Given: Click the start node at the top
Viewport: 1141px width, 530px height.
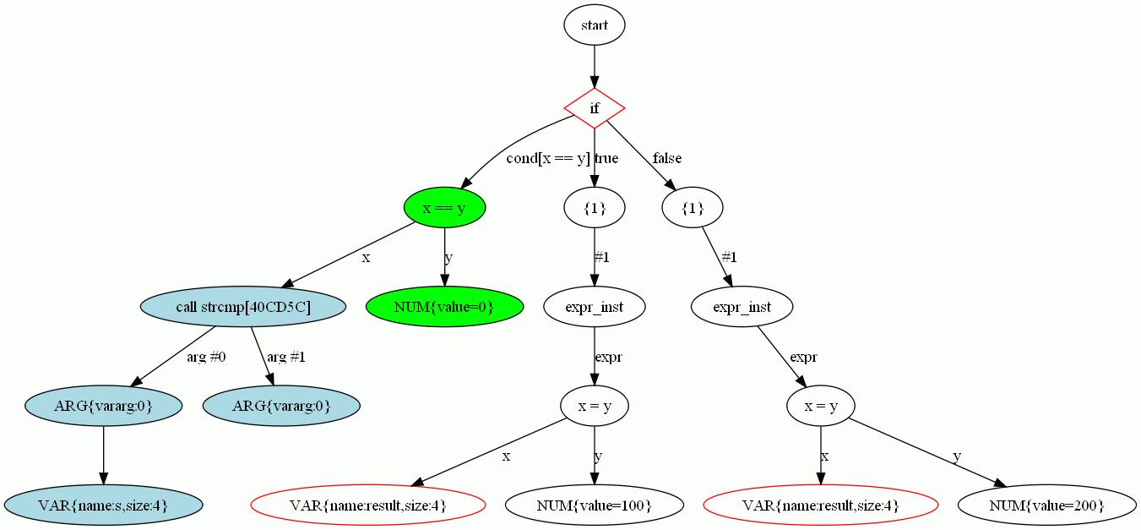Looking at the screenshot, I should click(594, 25).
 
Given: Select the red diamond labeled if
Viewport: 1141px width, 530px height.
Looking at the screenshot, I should click(594, 108).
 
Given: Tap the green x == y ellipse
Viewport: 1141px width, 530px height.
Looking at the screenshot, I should click(444, 208).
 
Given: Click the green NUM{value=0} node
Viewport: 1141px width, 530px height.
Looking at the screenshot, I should click(444, 307).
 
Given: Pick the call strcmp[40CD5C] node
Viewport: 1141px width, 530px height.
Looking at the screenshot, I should click(243, 307).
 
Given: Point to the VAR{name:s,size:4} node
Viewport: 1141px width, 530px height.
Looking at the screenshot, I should click(103, 505).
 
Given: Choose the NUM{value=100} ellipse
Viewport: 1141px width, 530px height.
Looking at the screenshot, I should click(594, 505).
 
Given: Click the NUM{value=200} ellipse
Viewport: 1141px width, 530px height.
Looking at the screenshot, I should click(1046, 505).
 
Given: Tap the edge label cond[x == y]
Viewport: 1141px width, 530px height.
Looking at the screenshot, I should click(547, 159).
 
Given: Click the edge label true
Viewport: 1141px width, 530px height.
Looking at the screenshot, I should click(606, 159).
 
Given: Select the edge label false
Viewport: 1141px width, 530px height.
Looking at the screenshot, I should click(666, 159).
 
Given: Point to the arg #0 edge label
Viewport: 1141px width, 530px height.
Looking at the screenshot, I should click(206, 357).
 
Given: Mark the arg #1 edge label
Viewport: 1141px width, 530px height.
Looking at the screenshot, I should click(286, 357).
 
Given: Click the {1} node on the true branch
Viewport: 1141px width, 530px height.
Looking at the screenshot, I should click(594, 208).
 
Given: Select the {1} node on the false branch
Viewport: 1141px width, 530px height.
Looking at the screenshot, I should click(693, 208).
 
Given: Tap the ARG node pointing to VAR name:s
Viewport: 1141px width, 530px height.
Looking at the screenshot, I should click(103, 406).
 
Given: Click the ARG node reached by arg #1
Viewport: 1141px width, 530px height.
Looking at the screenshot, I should click(281, 406).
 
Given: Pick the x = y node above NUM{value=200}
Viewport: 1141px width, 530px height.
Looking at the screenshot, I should click(820, 406).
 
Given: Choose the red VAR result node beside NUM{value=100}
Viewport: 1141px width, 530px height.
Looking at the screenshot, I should click(367, 505).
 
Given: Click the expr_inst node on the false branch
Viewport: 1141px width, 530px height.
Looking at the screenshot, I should click(742, 307).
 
